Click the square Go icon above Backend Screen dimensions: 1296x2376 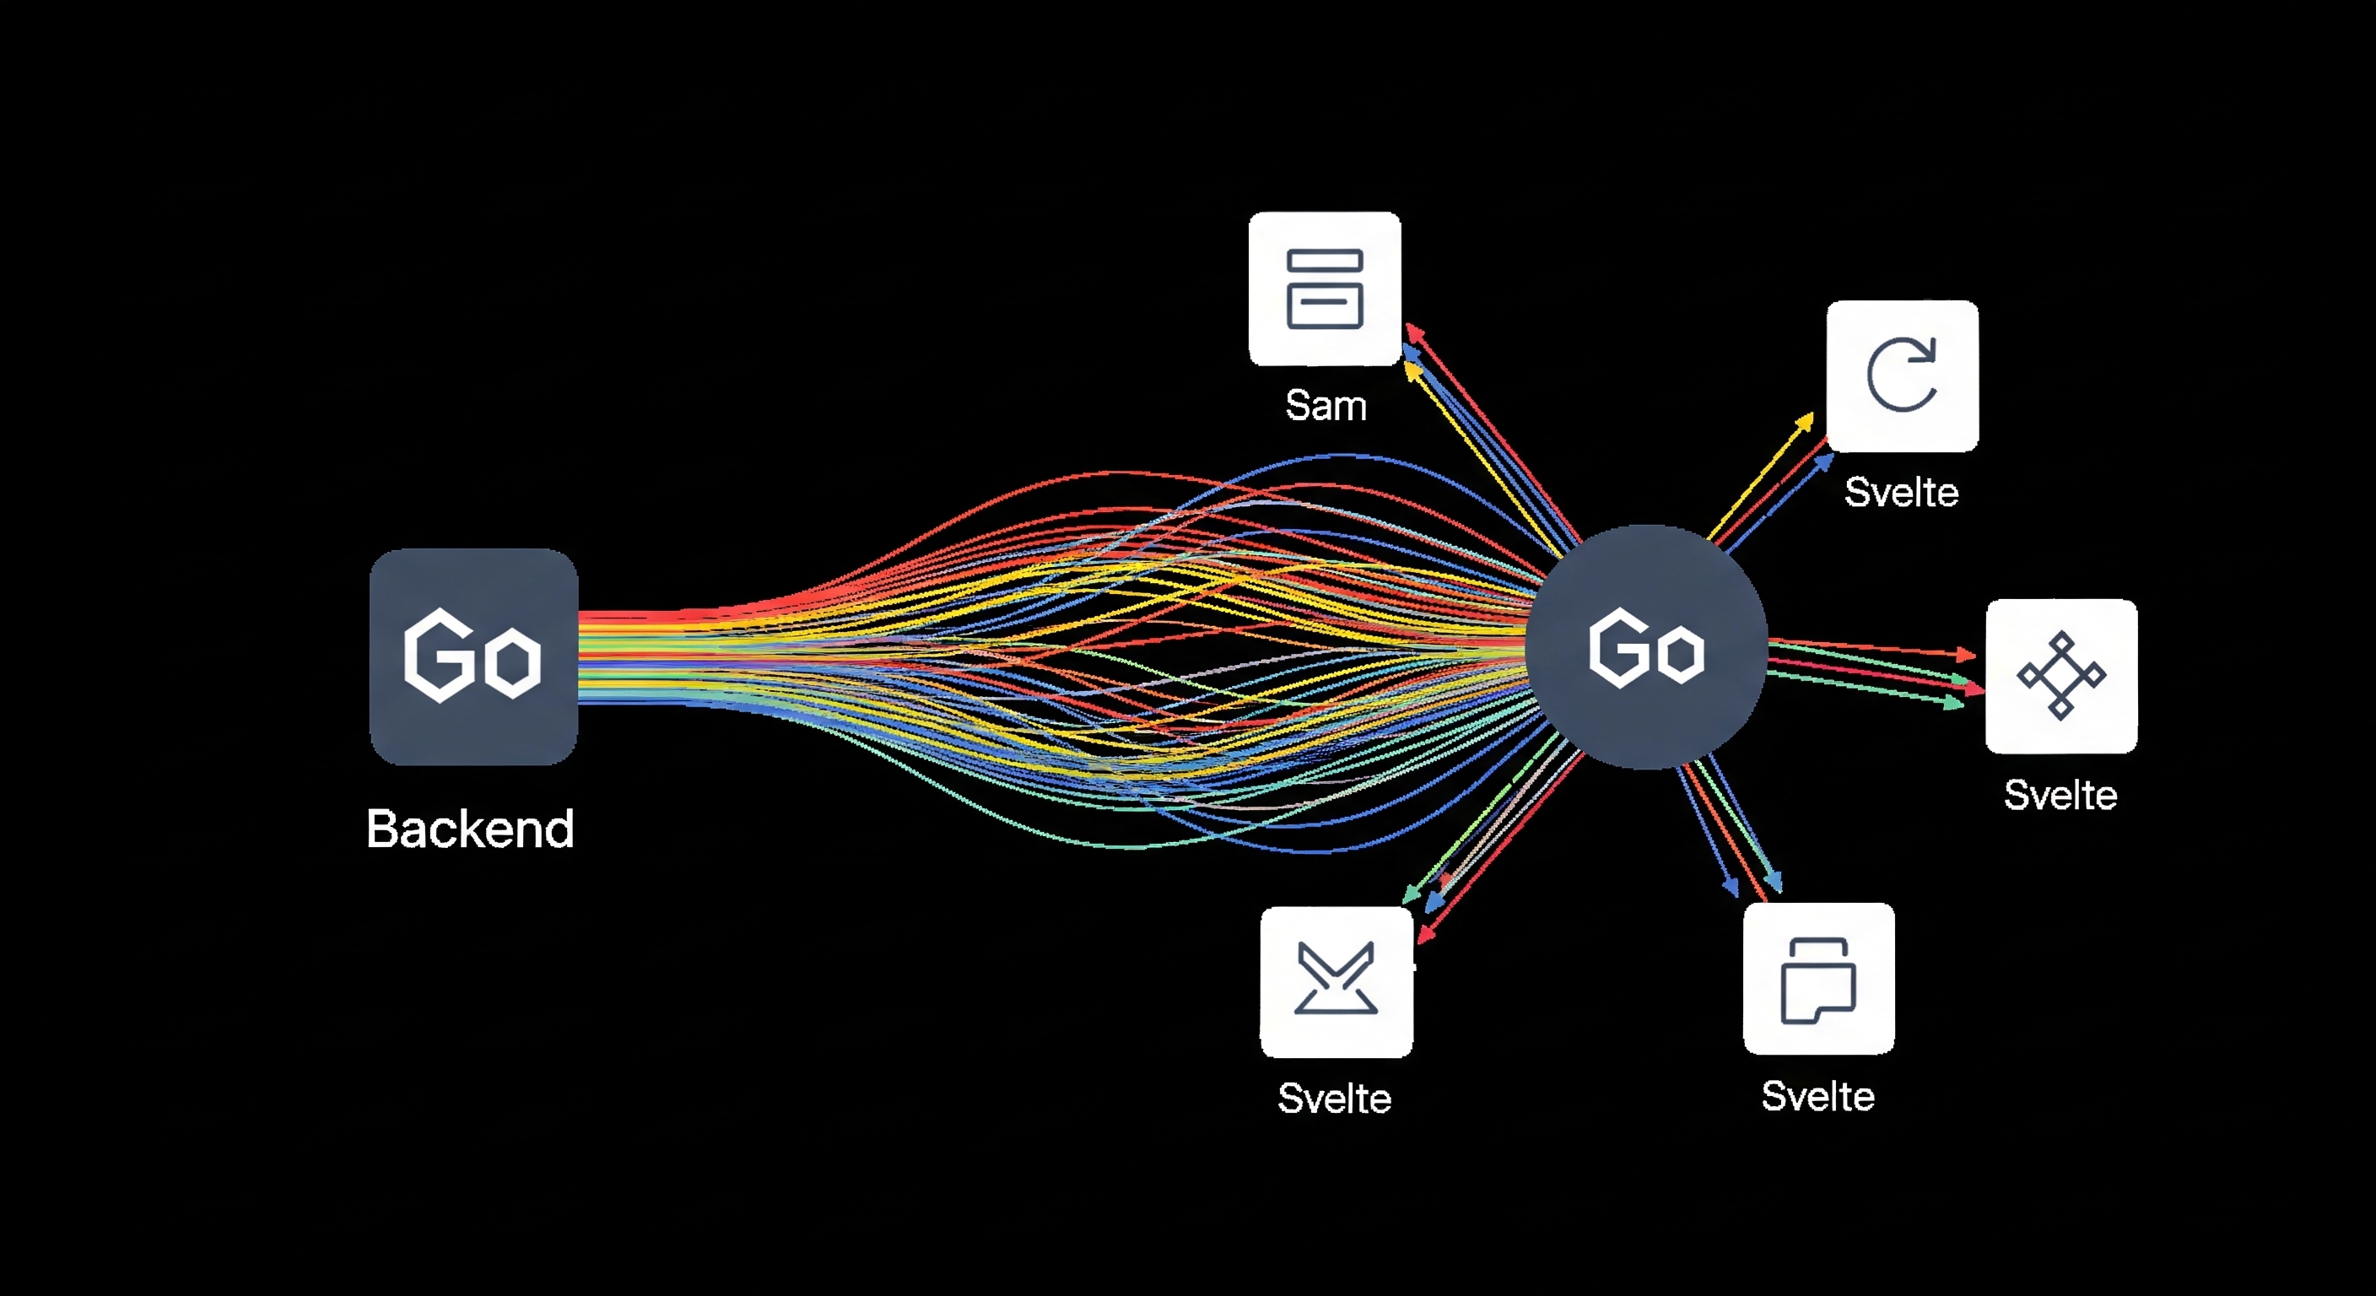pos(473,656)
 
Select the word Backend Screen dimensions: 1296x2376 pos(471,829)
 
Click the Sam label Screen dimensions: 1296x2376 pos(1326,406)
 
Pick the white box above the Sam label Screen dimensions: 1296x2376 pos(1325,289)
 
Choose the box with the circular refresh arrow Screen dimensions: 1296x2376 pos(1902,375)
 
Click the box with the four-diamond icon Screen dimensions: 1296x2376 pos(2060,676)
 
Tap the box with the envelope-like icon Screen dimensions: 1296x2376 pos(1336,981)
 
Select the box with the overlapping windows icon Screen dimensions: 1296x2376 pos(1818,979)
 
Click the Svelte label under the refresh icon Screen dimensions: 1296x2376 pos(1901,493)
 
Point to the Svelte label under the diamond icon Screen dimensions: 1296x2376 pos(2060,795)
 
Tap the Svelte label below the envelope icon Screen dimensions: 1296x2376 pos(1334,1099)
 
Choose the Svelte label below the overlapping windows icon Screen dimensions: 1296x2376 pos(1817,1097)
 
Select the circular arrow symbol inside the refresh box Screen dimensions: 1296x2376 pos(1902,375)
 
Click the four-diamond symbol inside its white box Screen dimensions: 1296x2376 pos(2060,675)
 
